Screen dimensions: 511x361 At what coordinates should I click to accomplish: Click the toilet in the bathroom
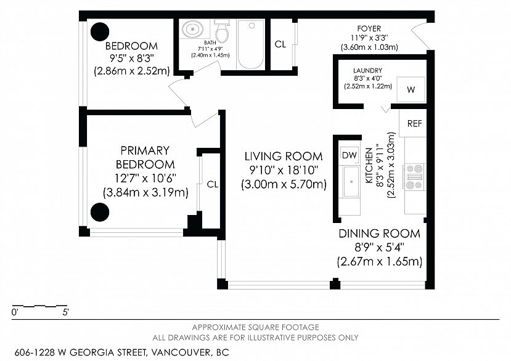(223, 31)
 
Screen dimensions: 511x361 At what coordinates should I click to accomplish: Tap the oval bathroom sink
(192, 30)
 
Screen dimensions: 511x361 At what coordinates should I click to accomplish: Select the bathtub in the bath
(251, 44)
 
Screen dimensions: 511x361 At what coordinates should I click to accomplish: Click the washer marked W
(411, 89)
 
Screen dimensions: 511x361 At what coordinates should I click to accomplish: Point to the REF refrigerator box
(413, 123)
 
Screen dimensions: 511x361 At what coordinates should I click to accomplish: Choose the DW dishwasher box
(350, 155)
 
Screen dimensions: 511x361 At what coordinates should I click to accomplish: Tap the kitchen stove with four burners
(414, 177)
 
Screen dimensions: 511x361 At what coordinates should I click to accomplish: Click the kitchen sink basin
(351, 182)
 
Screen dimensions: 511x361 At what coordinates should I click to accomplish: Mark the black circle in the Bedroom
(99, 31)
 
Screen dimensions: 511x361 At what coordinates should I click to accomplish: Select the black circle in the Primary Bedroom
(100, 212)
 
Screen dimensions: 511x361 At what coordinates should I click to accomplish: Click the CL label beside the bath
(280, 44)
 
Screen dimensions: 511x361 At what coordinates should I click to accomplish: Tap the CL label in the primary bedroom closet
(213, 184)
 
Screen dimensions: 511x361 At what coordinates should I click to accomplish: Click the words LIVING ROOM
(284, 156)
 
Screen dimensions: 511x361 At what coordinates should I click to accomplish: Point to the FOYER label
(369, 29)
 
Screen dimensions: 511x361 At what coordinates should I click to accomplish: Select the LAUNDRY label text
(367, 70)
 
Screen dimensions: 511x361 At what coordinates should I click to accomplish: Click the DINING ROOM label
(379, 233)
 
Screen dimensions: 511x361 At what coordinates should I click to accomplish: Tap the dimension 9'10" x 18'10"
(284, 170)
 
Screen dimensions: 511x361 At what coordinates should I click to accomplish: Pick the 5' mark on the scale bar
(65, 312)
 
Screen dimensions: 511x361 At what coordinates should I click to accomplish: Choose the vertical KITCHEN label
(369, 165)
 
